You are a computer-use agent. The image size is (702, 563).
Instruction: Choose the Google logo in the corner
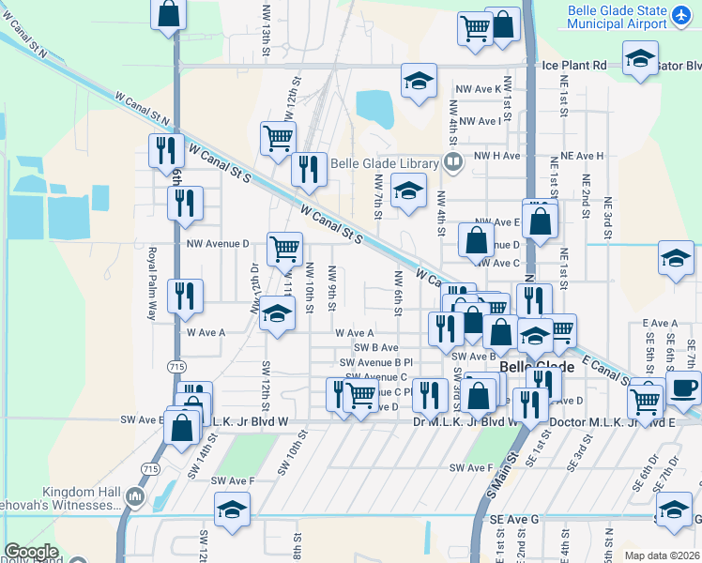click(x=31, y=552)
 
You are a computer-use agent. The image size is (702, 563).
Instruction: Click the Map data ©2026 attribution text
click(x=662, y=555)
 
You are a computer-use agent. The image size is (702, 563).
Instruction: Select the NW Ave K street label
click(x=480, y=89)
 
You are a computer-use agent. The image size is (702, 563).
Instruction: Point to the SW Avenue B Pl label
click(x=376, y=362)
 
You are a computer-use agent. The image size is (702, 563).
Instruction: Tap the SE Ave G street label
click(x=514, y=519)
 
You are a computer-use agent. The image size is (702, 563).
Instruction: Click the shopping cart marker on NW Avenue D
click(x=284, y=249)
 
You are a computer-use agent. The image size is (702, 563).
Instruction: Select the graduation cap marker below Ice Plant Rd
click(x=420, y=81)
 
